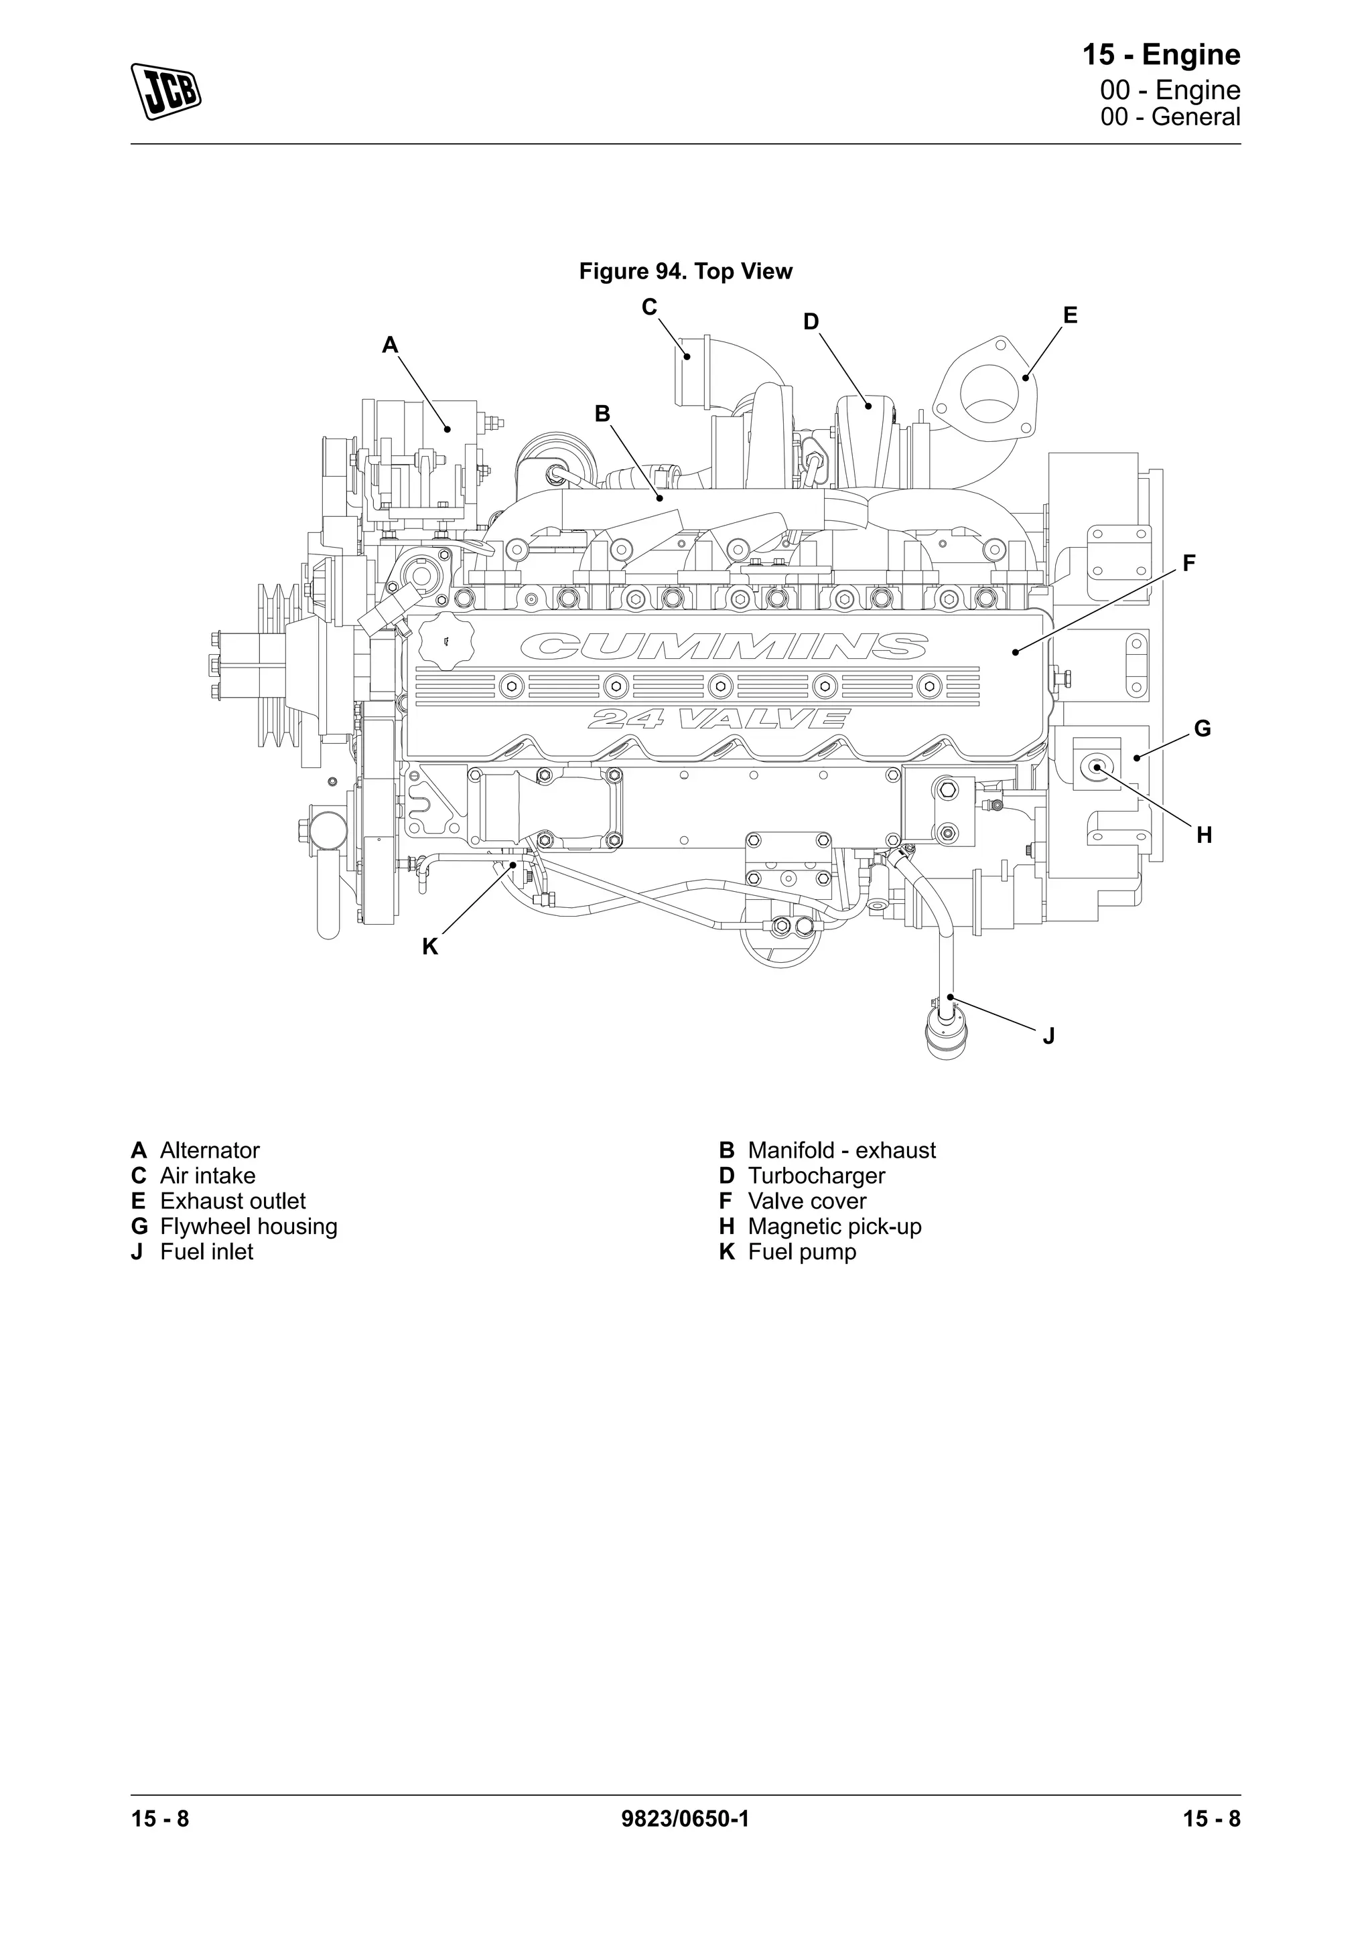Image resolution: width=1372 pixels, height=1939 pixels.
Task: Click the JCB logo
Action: tap(165, 90)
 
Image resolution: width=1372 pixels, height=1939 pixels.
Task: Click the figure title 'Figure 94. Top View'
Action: tap(685, 272)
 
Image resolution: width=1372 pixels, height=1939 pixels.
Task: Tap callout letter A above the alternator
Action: tap(389, 345)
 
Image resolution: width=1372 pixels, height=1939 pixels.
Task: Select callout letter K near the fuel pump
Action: tap(430, 947)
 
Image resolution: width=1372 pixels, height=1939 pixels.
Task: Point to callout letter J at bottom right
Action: tap(1048, 1036)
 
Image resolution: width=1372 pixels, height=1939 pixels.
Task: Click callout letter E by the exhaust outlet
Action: tap(1070, 316)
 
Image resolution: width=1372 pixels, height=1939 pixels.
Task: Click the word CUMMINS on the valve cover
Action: tap(724, 647)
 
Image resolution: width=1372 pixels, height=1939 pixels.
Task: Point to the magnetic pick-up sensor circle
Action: tap(1097, 767)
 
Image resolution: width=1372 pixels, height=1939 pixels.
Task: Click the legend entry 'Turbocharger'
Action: tap(815, 1176)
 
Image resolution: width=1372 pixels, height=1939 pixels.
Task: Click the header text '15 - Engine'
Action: tap(1161, 55)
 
